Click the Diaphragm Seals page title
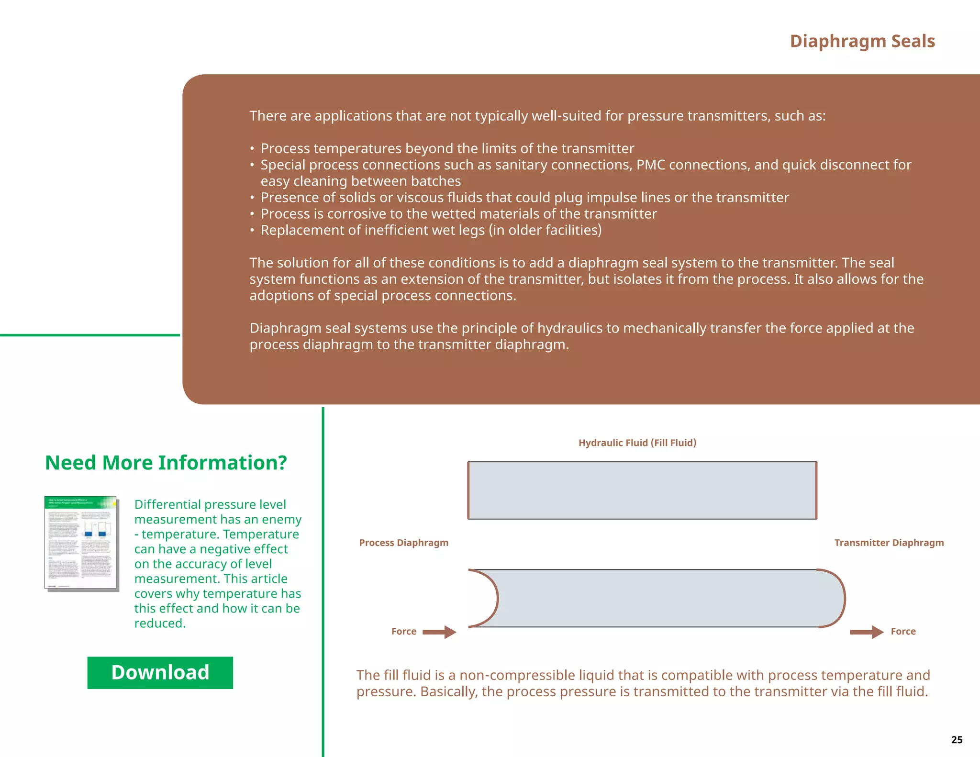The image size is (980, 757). (862, 41)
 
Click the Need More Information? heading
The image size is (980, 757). (166, 463)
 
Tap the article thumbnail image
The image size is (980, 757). (81, 543)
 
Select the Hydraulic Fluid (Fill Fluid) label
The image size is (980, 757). (637, 443)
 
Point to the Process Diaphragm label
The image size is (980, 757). (403, 543)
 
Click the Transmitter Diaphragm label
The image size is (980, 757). (889, 543)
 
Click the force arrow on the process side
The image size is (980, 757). (439, 632)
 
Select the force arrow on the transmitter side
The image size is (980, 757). (866, 632)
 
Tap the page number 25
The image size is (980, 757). (957, 740)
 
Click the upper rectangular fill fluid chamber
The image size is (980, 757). (642, 490)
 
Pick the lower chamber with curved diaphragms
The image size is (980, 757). (656, 598)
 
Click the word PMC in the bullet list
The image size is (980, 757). (650, 165)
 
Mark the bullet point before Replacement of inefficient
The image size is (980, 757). (252, 231)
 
